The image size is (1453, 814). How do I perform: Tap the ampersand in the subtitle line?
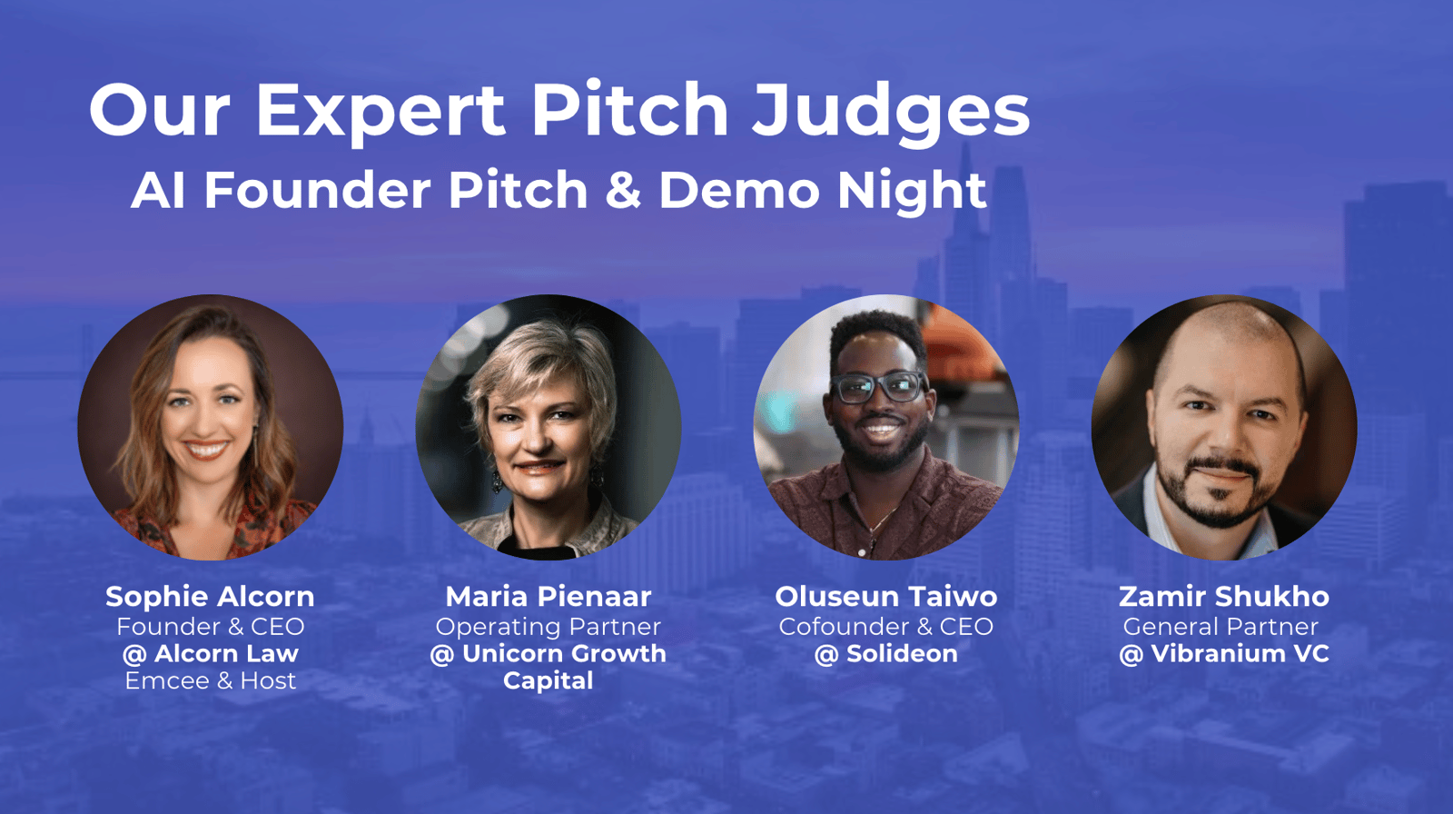point(623,190)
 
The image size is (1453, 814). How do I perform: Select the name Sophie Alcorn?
point(210,597)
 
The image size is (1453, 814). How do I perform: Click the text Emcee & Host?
point(210,681)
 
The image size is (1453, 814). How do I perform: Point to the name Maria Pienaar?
point(549,597)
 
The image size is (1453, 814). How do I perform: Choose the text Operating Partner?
point(549,627)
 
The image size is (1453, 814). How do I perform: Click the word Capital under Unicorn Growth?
point(549,681)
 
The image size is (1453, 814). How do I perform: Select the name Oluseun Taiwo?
point(886,597)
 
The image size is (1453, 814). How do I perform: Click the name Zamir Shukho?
point(1224,597)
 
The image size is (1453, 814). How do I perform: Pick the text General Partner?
point(1221,627)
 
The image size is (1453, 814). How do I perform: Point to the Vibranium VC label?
point(1224,654)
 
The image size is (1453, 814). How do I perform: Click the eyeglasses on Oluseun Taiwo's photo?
point(879,387)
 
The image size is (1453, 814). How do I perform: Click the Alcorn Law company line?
point(210,654)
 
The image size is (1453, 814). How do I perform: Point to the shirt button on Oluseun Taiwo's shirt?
point(862,551)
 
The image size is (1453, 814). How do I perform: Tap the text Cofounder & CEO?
point(886,627)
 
